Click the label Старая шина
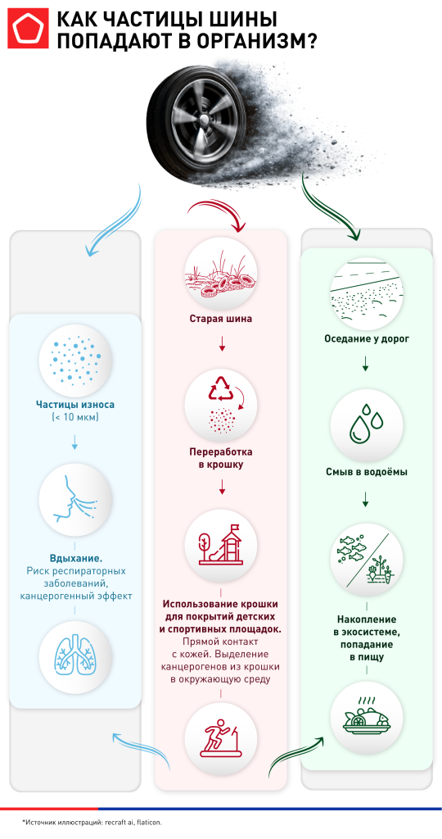(x=221, y=318)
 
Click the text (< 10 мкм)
(x=74, y=418)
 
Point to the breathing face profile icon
(x=74, y=497)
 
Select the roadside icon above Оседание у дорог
(x=365, y=291)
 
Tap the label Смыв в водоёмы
(x=365, y=472)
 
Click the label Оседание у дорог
(x=365, y=338)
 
